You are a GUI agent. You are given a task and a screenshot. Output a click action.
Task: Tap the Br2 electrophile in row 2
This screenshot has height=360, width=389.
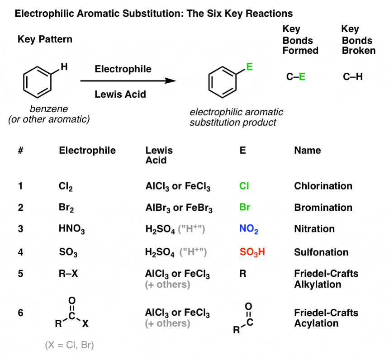(66, 208)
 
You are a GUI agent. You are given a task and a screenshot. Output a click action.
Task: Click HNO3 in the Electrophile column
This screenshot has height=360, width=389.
(71, 229)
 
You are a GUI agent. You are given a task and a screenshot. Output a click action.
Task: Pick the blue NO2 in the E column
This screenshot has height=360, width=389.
(249, 229)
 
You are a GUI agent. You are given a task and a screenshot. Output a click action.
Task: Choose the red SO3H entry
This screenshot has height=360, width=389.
(252, 252)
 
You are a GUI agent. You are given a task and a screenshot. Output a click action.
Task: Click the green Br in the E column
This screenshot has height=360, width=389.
(245, 208)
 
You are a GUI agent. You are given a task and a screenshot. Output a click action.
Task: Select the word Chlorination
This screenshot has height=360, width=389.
(323, 186)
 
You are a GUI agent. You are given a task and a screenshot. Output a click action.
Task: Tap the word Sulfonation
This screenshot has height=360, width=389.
(321, 252)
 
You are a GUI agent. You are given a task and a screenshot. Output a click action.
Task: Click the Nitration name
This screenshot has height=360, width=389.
(314, 229)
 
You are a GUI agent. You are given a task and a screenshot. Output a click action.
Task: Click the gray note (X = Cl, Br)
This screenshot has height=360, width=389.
(69, 346)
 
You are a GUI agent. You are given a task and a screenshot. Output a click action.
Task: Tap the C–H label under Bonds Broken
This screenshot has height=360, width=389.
(353, 77)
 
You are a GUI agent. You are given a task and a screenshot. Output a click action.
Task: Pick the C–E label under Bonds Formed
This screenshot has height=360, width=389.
(296, 77)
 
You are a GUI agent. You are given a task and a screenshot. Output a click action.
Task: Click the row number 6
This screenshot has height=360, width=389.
(20, 313)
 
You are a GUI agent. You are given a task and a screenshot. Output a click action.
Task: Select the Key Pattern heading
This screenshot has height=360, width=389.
(45, 39)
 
